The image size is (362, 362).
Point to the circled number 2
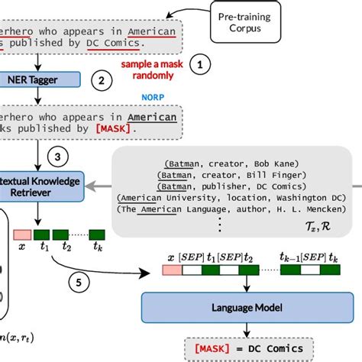click(x=98, y=79)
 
